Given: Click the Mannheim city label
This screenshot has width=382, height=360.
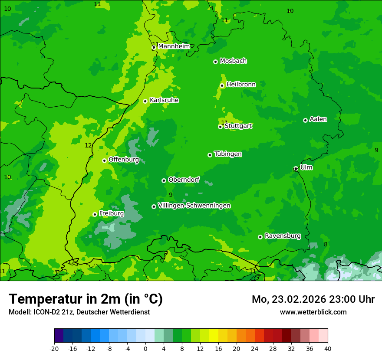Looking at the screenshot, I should tap(174, 46).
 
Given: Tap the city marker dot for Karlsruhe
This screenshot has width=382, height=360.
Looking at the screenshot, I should tap(145, 101).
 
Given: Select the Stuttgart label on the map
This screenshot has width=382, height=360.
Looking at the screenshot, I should tap(238, 126).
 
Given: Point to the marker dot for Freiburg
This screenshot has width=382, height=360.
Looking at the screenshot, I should tap(95, 214).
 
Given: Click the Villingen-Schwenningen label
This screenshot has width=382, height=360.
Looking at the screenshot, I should tap(194, 206).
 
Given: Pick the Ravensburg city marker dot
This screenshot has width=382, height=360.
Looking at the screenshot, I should tap(260, 237).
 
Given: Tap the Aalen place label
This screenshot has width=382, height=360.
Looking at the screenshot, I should tap(318, 119).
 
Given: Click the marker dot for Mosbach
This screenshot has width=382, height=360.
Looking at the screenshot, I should tap(215, 62).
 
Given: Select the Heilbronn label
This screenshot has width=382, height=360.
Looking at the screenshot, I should tap(241, 85).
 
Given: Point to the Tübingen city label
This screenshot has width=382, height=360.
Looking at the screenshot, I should tap(228, 154).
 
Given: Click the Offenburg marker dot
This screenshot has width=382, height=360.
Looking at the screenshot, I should tap(104, 160).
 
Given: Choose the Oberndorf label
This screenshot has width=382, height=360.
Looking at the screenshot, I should tap(184, 180).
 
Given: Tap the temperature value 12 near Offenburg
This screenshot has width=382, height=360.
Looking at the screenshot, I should tap(88, 146).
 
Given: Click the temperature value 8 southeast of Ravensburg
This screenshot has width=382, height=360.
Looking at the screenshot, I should tap(326, 245).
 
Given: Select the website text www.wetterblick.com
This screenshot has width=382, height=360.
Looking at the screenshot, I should tap(313, 312).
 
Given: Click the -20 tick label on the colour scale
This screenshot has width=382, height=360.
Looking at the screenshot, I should tap(54, 349).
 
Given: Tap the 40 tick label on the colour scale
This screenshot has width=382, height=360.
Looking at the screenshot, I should tap(327, 349).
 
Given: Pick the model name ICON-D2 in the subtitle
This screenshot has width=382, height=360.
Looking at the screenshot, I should tap(43, 312).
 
